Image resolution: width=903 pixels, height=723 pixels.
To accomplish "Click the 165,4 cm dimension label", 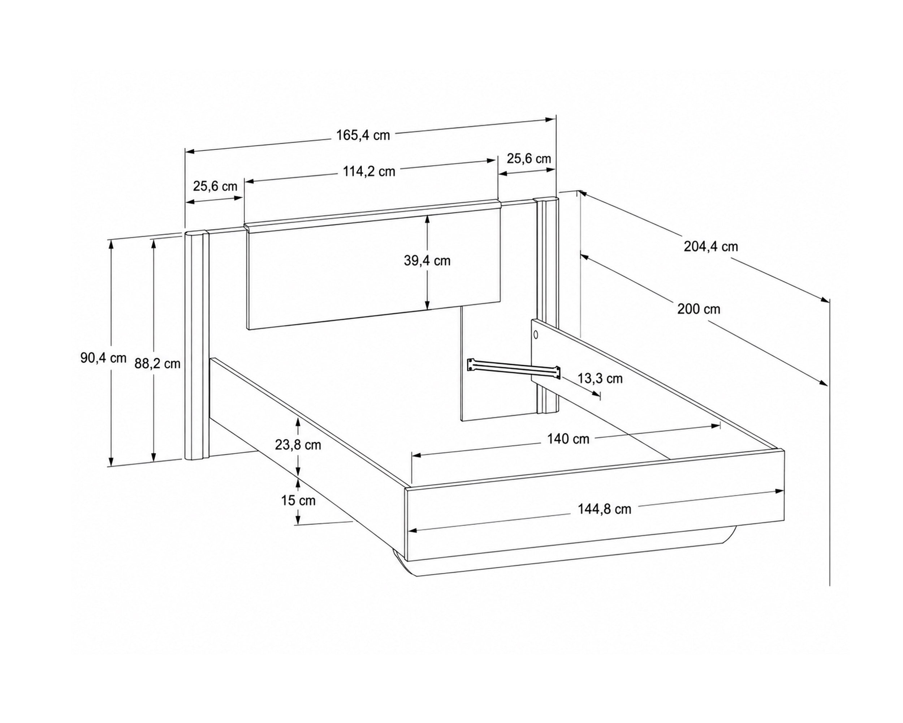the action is point(363,135).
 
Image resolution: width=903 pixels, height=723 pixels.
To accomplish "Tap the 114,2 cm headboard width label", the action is point(369,171).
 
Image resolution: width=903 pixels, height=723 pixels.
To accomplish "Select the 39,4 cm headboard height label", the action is point(427,261).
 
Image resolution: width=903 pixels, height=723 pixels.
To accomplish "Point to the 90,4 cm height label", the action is point(103,358).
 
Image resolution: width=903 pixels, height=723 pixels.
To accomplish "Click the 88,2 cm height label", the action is point(157,363).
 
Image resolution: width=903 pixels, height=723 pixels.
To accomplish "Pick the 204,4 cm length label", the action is point(711,247).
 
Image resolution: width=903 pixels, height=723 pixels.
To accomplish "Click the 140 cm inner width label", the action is point(568,439).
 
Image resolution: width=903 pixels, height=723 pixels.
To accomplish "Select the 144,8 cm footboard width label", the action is point(604,509).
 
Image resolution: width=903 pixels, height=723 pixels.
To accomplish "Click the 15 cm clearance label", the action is point(298,500).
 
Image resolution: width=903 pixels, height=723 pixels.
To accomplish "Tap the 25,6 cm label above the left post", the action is point(215,186).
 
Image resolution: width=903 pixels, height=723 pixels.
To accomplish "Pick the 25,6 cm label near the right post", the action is point(528,159).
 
